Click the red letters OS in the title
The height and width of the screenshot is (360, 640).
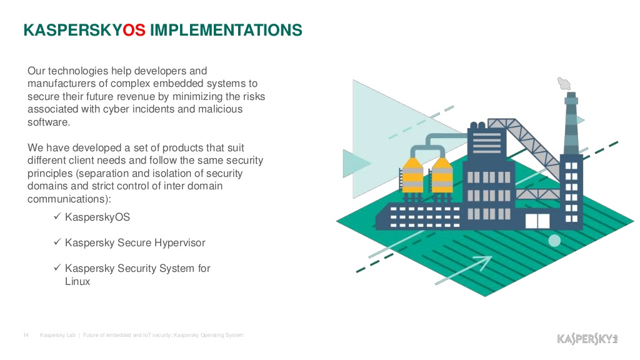(134, 30)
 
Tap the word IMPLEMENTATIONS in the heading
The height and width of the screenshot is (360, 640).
(226, 30)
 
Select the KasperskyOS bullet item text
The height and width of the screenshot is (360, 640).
(97, 217)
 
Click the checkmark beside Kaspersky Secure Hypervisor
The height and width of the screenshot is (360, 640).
(57, 242)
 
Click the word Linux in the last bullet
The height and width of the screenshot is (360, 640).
(77, 281)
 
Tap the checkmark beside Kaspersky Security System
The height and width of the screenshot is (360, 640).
(57, 267)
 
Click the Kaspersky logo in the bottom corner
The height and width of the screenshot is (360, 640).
(587, 338)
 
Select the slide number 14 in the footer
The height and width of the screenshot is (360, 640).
(26, 335)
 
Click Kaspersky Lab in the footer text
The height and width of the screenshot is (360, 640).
(57, 335)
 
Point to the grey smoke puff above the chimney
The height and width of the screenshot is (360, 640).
(564, 84)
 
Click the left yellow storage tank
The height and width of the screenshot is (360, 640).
(412, 175)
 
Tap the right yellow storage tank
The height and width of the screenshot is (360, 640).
(442, 175)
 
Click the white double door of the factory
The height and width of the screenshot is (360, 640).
(537, 221)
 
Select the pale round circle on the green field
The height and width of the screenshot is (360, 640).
(554, 241)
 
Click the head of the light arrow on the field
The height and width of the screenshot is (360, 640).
(485, 262)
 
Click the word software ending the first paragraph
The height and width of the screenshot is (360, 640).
(47, 122)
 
